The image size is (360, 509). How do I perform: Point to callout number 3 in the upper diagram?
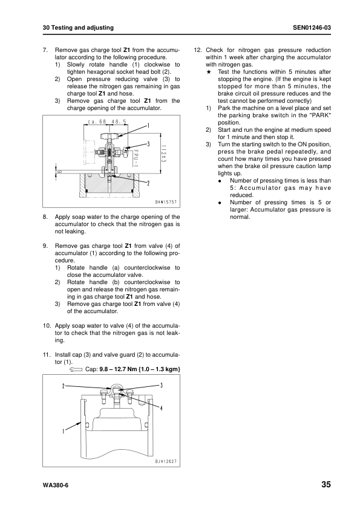pos(148,142)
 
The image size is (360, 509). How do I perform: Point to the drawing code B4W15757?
pos(165,200)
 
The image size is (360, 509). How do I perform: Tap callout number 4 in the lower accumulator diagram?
pos(162,408)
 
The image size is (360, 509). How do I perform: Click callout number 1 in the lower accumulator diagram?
pos(62,430)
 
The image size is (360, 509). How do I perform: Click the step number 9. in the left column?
pos(45,246)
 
